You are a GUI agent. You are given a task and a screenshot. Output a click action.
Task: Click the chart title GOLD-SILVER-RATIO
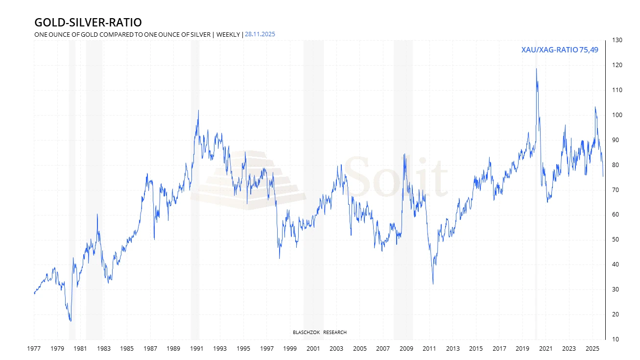(88, 23)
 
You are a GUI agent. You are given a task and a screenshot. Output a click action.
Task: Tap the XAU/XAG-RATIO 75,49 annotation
(560, 49)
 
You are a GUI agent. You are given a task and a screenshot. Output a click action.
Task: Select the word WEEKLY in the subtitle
(228, 34)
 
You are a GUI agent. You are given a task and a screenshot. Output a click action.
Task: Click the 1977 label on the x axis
(34, 349)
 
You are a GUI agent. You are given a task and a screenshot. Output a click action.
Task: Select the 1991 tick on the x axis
(197, 349)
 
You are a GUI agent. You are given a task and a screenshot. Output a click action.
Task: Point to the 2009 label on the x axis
(406, 349)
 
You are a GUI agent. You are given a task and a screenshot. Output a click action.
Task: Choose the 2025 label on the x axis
(592, 349)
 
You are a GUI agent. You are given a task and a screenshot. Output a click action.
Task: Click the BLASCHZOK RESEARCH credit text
(319, 333)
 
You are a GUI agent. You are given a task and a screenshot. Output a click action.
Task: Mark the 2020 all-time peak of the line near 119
(536, 69)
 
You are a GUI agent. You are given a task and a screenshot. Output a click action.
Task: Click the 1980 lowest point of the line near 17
(71, 321)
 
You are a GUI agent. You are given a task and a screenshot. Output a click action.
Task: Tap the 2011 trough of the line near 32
(433, 284)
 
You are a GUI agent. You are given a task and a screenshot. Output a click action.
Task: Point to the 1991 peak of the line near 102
(198, 110)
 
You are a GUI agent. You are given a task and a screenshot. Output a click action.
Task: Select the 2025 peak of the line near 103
(595, 107)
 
